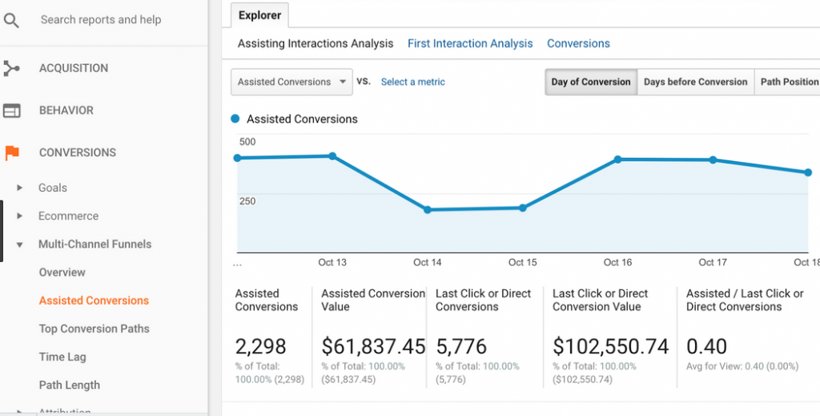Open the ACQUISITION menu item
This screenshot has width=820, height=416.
pos(74,68)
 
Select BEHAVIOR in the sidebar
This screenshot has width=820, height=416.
pos(66,111)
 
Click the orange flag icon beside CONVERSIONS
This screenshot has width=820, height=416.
pos(11,152)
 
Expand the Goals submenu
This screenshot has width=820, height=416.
pos(52,188)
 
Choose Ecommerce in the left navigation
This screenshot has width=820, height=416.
pos(68,216)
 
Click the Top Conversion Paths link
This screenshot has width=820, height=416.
pos(94,329)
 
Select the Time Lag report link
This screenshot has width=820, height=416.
pos(62,357)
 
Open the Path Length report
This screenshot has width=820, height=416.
pos(69,385)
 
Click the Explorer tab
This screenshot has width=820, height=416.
pos(259,15)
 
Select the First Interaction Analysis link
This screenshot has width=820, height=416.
pos(470,43)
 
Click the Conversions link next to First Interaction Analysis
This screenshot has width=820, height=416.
pos(578,43)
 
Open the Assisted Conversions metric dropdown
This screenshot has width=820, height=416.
pos(291,82)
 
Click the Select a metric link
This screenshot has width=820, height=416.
pos(412,82)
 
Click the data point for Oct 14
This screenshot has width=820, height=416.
pos(428,210)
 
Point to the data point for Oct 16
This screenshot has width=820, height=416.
pos(617,160)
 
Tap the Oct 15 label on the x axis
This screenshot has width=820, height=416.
pos(522,262)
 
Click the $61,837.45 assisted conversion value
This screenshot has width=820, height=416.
pos(373,346)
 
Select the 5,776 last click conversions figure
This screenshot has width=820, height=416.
pos(467,346)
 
